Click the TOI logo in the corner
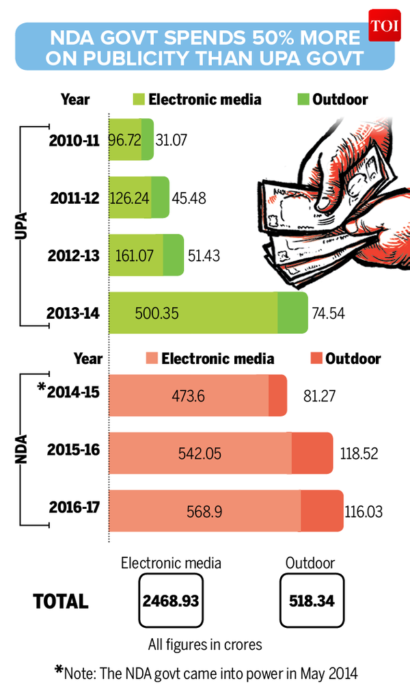[x=387, y=25]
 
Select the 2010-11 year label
[x=74, y=141]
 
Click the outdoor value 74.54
[x=331, y=313]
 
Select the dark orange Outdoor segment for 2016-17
[x=322, y=511]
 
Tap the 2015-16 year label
[x=74, y=451]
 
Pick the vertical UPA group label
[x=21, y=226]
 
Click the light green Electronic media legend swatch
[x=138, y=99]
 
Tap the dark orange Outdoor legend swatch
[x=314, y=358]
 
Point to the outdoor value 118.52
[x=359, y=453]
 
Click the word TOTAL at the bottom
[x=61, y=601]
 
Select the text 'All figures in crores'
[x=205, y=644]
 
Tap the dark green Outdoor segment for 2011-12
[x=159, y=198]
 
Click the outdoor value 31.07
[x=172, y=141]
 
